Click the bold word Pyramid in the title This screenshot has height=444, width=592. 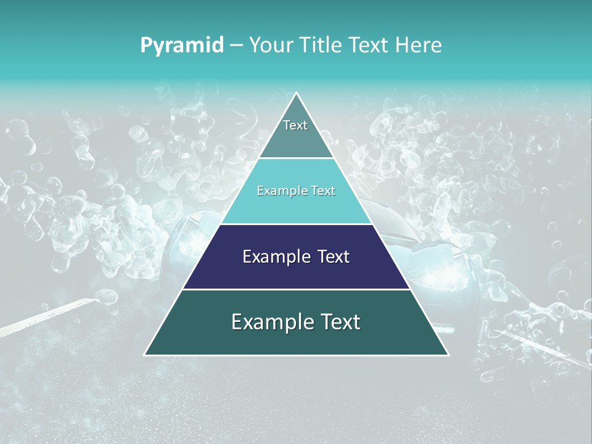[182, 46]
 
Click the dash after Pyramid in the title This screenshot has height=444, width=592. [236, 46]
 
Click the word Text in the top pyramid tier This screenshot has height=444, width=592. [295, 126]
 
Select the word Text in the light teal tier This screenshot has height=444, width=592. [323, 191]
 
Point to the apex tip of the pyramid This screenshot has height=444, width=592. [296, 93]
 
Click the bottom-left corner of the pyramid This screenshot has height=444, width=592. [145, 355]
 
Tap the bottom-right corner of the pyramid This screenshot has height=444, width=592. [448, 355]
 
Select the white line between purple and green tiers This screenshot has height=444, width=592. [296, 289]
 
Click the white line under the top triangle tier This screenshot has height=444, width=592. [296, 158]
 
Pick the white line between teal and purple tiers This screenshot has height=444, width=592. [296, 224]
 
